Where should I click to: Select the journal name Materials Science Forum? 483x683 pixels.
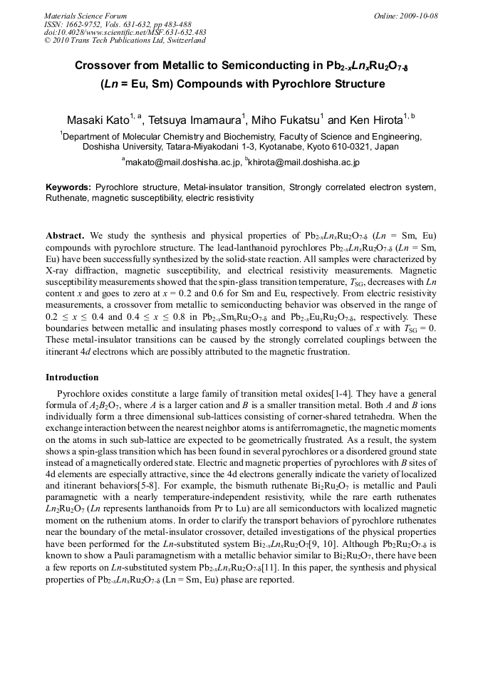85,16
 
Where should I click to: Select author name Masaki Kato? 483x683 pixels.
98,120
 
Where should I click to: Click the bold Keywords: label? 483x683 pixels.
68,187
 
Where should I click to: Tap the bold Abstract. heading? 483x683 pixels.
66,236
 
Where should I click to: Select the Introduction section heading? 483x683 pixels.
72,377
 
